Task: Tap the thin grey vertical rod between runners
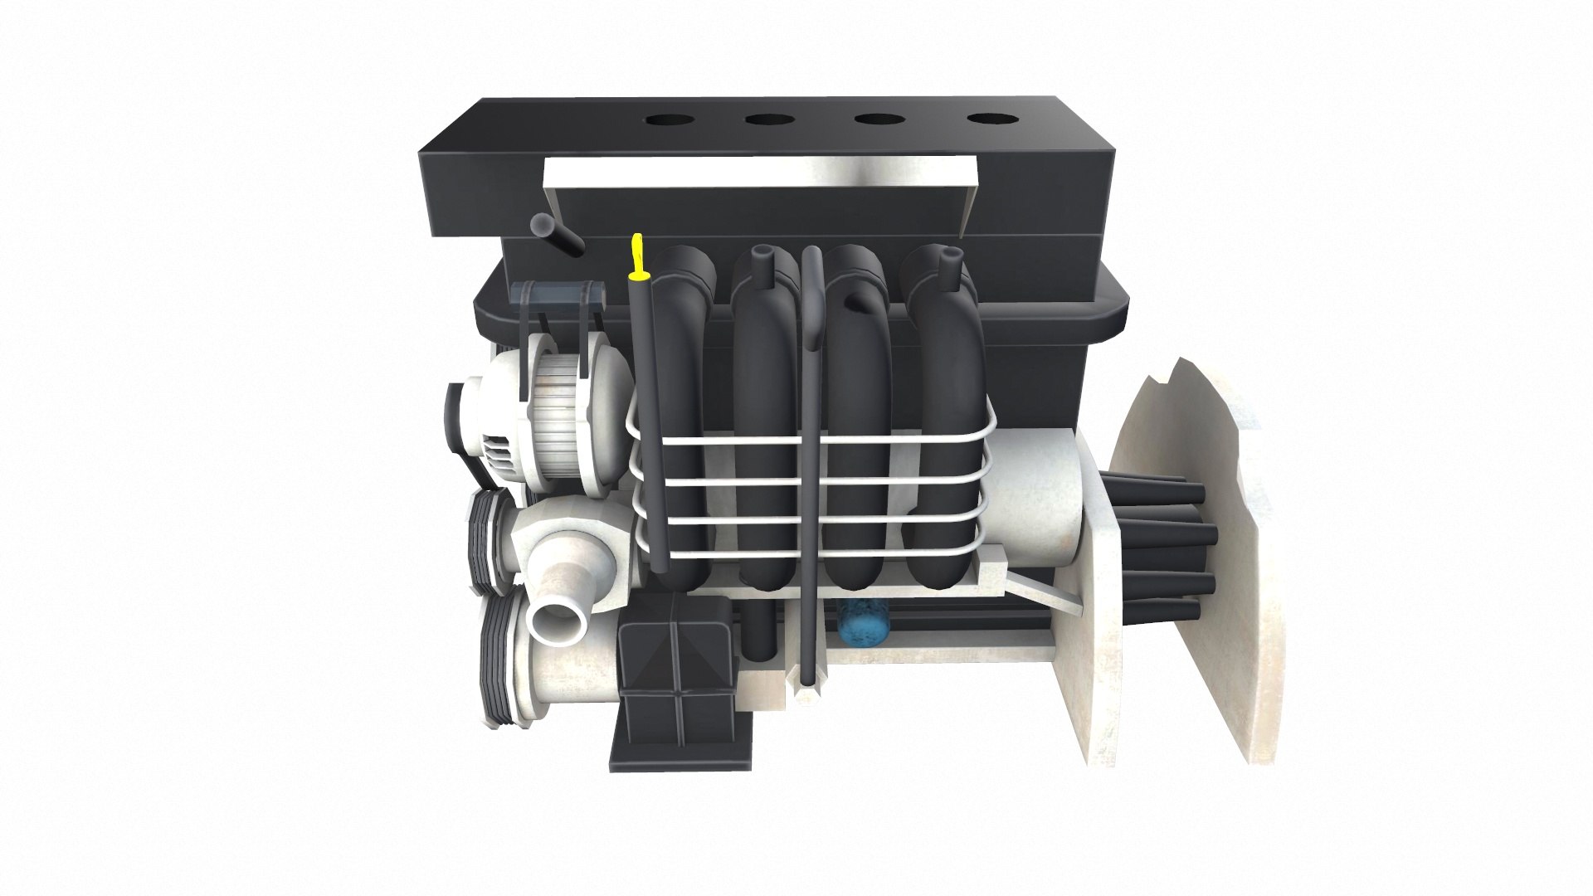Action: [x=810, y=465]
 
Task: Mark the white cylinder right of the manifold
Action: [x=1037, y=498]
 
